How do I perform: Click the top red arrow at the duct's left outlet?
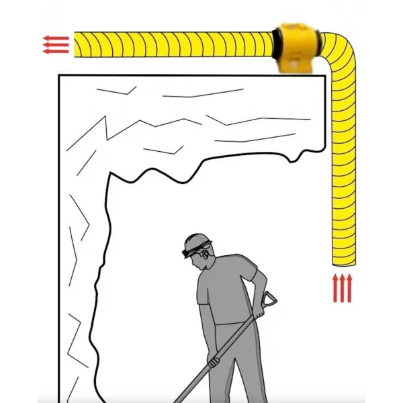[55, 38]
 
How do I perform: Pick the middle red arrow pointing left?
[55, 44]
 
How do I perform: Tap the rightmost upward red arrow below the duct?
[349, 287]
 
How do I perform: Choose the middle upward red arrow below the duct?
[343, 287]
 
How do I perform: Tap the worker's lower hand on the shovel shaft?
[214, 361]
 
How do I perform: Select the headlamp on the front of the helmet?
[185, 253]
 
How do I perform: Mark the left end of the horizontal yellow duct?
[76, 44]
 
